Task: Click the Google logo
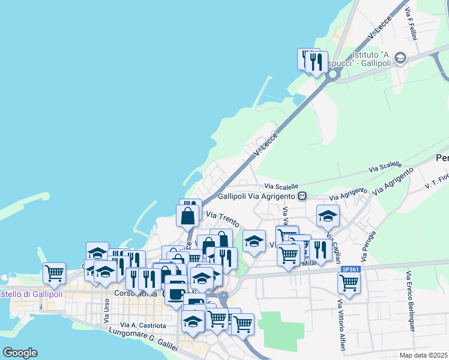click(20, 353)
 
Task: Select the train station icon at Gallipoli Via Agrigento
click(303, 196)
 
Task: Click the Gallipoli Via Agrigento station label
click(258, 196)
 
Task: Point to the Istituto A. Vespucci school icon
click(401, 58)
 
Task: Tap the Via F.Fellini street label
click(412, 24)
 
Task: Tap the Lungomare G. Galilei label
click(145, 341)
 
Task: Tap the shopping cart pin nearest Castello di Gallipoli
click(54, 273)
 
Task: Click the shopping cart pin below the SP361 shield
click(348, 283)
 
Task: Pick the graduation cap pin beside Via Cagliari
click(328, 216)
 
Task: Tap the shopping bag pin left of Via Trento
click(187, 215)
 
